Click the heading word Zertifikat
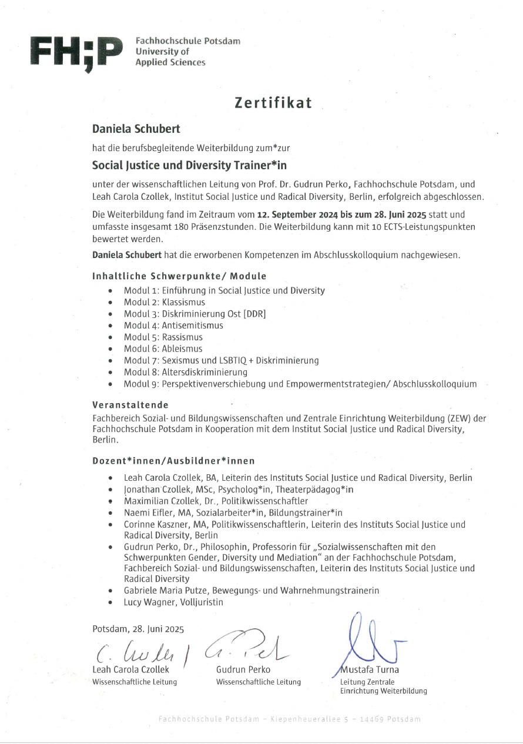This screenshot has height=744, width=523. click(x=273, y=103)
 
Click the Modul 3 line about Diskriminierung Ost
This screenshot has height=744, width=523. click(x=195, y=314)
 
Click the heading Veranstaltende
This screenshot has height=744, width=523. click(x=130, y=405)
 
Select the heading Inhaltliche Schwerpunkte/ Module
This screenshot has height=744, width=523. click(x=179, y=276)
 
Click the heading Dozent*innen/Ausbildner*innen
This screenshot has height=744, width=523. click(x=173, y=461)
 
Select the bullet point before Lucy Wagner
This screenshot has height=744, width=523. click(x=110, y=603)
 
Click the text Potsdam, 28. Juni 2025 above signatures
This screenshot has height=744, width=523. click(x=138, y=629)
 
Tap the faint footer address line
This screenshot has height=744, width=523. click(x=289, y=719)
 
